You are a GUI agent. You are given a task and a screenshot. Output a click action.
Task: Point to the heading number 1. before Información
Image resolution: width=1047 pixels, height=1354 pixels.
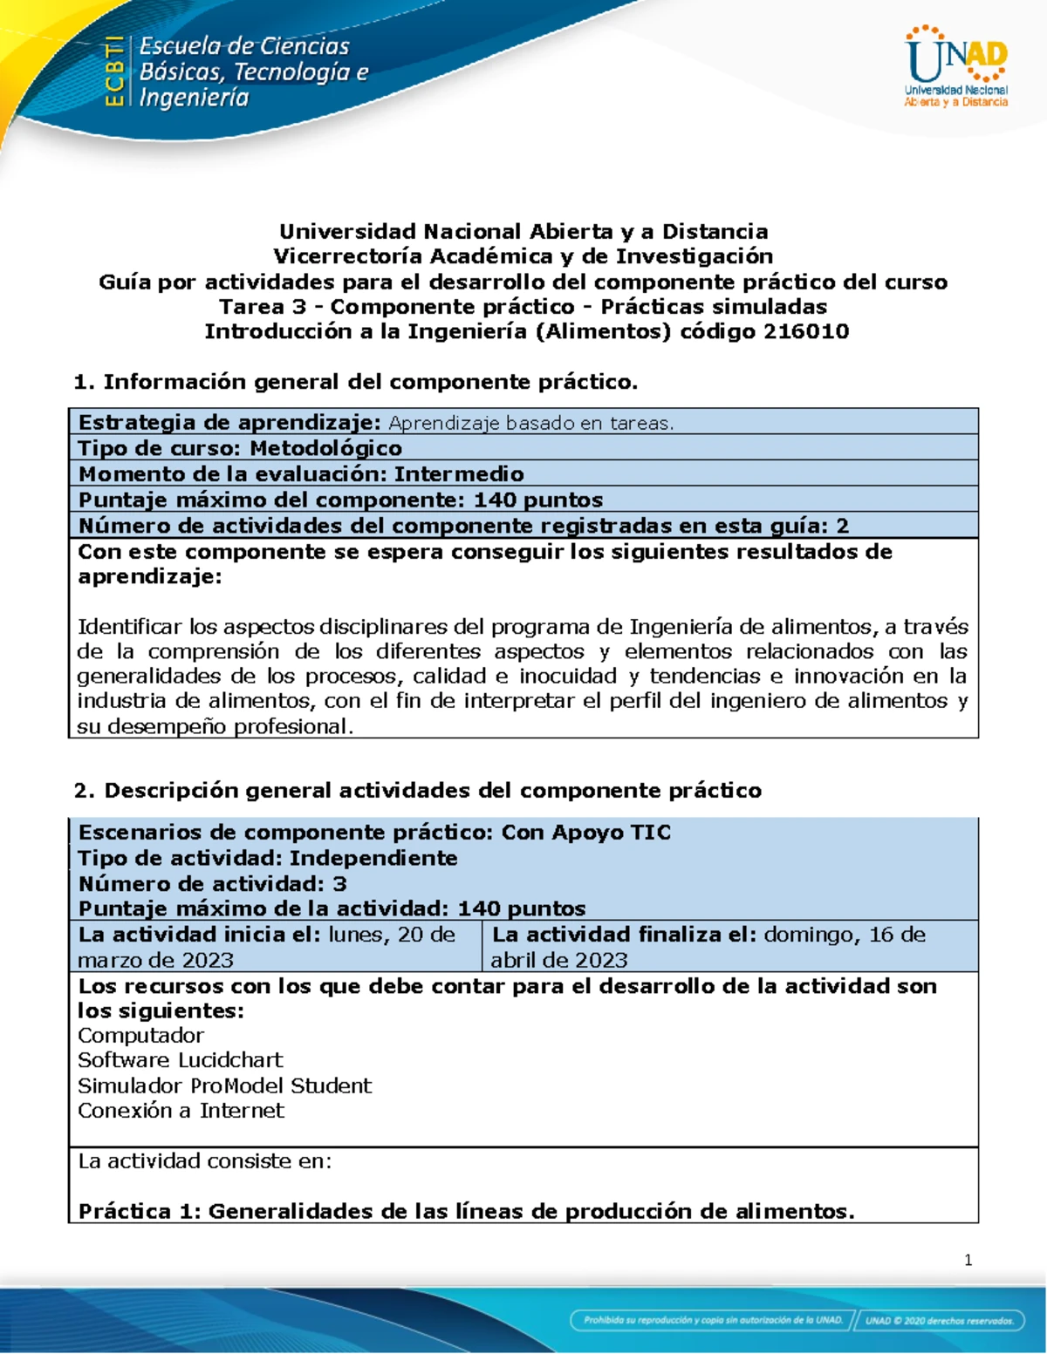(84, 382)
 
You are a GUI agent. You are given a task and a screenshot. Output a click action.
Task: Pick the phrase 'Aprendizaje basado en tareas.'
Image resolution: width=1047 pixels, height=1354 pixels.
(530, 423)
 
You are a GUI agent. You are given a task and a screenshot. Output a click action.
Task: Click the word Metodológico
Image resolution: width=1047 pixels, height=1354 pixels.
(325, 448)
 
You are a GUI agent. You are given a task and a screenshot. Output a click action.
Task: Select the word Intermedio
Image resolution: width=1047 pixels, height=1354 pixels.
(459, 474)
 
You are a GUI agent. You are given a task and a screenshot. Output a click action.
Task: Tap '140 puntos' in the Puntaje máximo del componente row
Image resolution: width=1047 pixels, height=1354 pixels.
(538, 500)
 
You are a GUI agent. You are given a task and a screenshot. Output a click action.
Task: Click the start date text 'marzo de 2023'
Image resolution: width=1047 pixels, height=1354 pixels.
(156, 960)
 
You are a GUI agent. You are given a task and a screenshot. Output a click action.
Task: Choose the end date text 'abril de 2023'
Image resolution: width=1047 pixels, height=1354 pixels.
(559, 960)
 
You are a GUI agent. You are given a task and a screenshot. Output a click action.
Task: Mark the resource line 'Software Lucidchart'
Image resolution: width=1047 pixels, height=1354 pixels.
(181, 1060)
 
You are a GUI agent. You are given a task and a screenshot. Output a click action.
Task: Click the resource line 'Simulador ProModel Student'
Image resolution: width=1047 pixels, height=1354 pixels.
(224, 1085)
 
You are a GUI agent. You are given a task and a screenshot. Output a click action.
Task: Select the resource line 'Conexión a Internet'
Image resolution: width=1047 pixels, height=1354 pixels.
(181, 1111)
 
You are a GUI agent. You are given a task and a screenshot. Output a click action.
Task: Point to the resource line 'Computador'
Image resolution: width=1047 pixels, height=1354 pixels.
(140, 1036)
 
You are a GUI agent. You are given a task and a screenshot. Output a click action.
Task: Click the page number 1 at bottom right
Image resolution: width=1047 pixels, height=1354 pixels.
(968, 1260)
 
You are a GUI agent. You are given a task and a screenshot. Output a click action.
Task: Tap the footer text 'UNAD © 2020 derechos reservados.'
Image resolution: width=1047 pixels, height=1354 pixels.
(939, 1320)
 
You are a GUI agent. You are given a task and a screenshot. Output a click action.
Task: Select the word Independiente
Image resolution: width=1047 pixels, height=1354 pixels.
(373, 858)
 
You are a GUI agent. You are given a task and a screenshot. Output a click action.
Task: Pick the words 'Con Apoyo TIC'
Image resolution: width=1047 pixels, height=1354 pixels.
(585, 833)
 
